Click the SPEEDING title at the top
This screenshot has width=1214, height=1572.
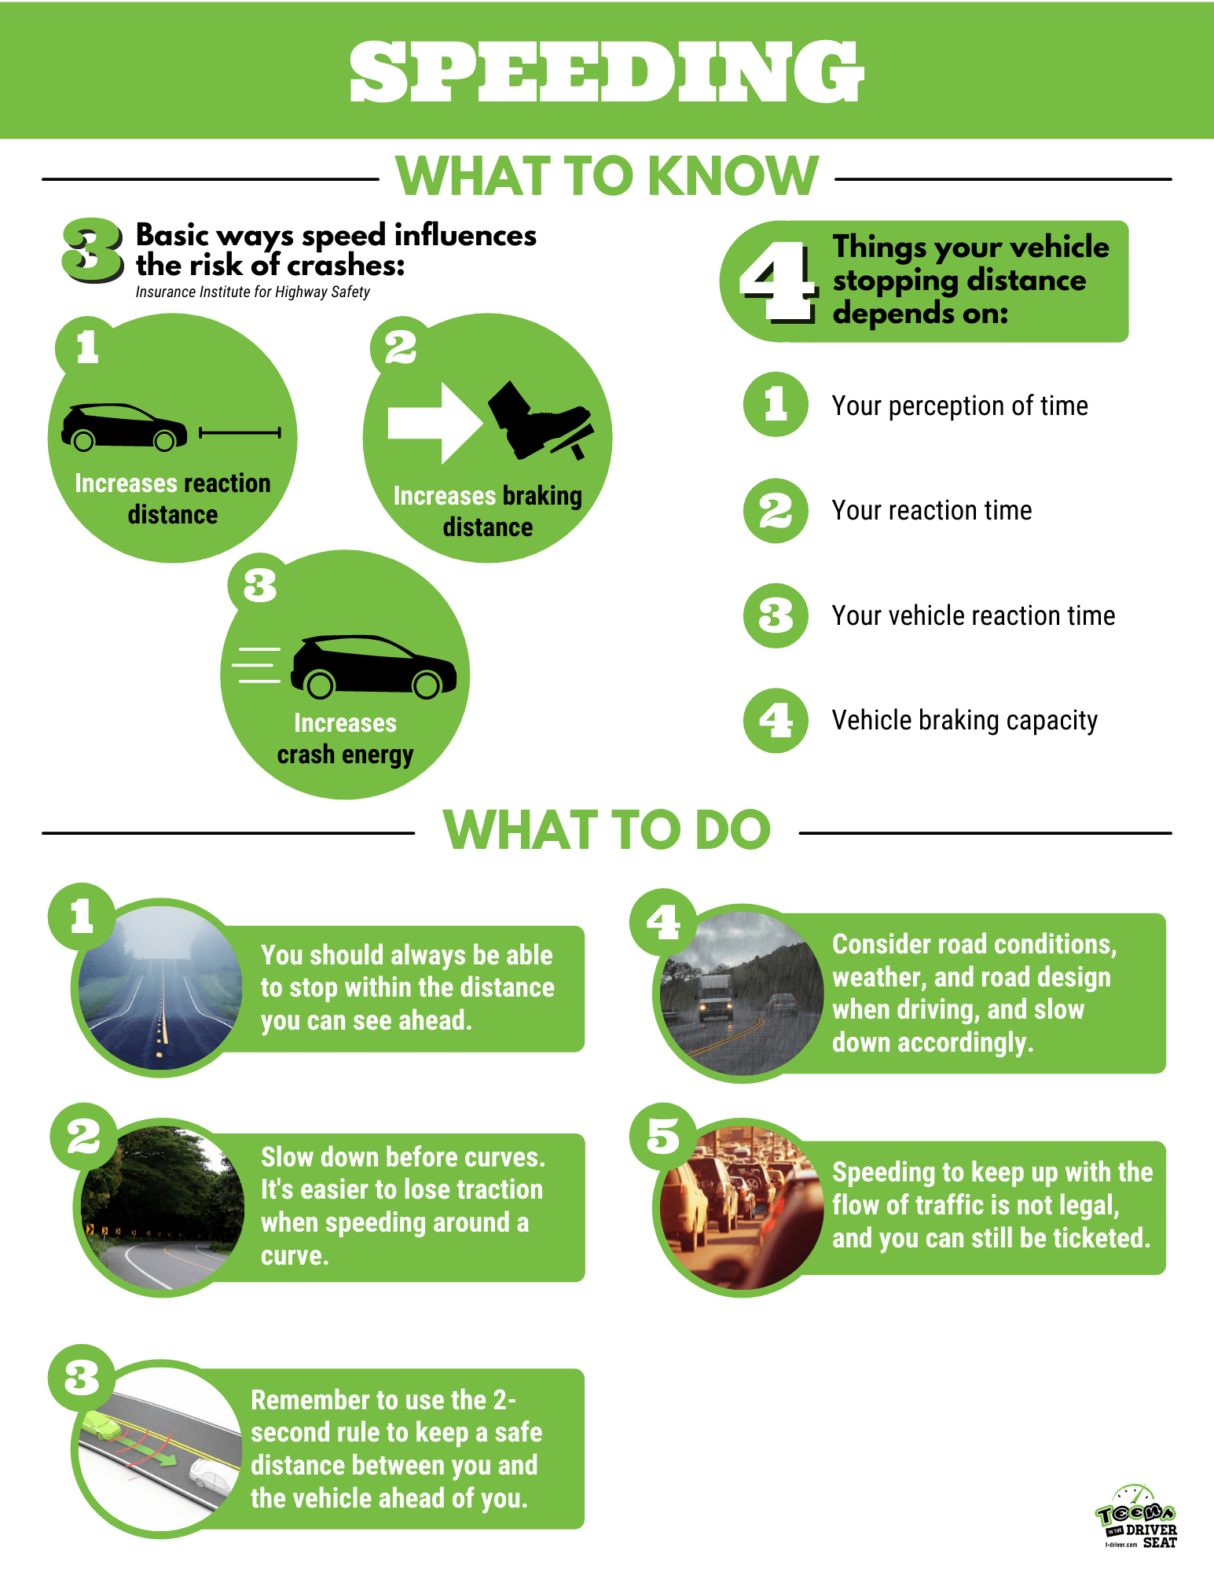[607, 72]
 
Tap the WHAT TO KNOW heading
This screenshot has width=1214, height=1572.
[607, 176]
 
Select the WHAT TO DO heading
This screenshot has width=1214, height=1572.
[607, 830]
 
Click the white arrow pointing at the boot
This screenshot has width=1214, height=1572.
[435, 423]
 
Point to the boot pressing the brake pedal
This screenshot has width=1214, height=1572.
[538, 420]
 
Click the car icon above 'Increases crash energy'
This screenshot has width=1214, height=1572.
[374, 667]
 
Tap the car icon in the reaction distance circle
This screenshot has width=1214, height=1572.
[124, 428]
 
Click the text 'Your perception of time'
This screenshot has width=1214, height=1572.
[959, 406]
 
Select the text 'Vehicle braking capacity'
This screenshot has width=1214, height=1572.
[964, 721]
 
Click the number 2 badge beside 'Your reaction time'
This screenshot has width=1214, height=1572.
[776, 511]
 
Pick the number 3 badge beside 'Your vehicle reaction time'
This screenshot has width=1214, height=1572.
[776, 615]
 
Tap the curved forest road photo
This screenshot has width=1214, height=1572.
[163, 1207]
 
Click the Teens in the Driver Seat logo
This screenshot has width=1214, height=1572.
[1137, 1516]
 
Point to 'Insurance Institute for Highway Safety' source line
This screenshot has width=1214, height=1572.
[252, 292]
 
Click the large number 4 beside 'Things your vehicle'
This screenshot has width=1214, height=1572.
[777, 281]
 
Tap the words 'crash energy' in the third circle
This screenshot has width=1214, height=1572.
[345, 755]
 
